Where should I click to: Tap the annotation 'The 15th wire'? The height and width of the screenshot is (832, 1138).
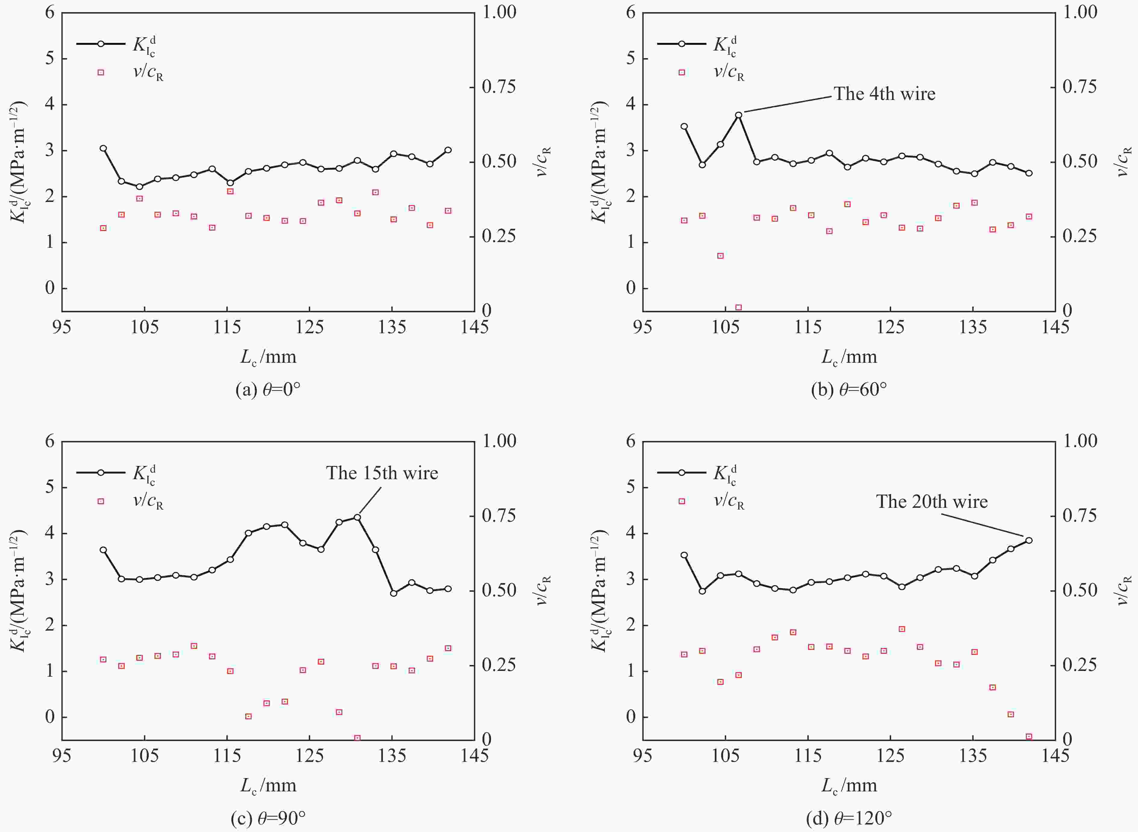pos(382,473)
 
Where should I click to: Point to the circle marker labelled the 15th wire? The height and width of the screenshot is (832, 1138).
pos(357,517)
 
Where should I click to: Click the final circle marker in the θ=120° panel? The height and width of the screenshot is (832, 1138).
pos(1029,540)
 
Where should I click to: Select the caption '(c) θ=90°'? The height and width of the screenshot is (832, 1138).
pos(268,818)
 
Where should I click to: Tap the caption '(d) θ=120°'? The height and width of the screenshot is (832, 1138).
pos(849,818)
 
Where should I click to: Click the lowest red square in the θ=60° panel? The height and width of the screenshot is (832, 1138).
pos(738,307)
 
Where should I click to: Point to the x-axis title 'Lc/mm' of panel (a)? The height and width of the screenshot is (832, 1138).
pos(268,357)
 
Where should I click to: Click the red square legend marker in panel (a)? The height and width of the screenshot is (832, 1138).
pos(101,73)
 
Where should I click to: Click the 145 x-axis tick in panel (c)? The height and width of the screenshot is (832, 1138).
pos(474,756)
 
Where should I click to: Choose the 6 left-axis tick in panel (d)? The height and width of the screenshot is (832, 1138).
pos(631,441)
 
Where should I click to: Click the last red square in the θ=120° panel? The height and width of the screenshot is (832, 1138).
pos(1029,736)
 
